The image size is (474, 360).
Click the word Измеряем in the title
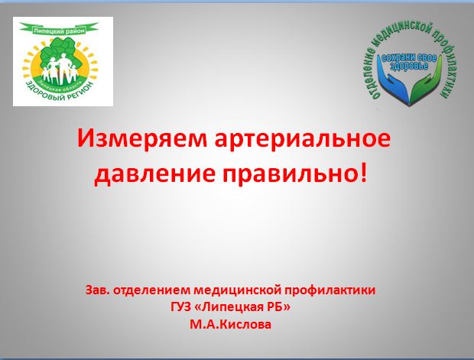[141, 139]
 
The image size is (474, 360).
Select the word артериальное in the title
[302, 139]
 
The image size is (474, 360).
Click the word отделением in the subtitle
[151, 290]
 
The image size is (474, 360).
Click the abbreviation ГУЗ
[180, 308]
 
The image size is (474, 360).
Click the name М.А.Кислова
[230, 325]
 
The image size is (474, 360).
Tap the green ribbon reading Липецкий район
[59, 29]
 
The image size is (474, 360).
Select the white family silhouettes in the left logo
[60, 70]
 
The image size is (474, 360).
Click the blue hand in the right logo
[393, 84]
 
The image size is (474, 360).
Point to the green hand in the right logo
[426, 84]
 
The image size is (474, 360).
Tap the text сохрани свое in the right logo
[409, 57]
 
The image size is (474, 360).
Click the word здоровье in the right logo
[409, 66]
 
